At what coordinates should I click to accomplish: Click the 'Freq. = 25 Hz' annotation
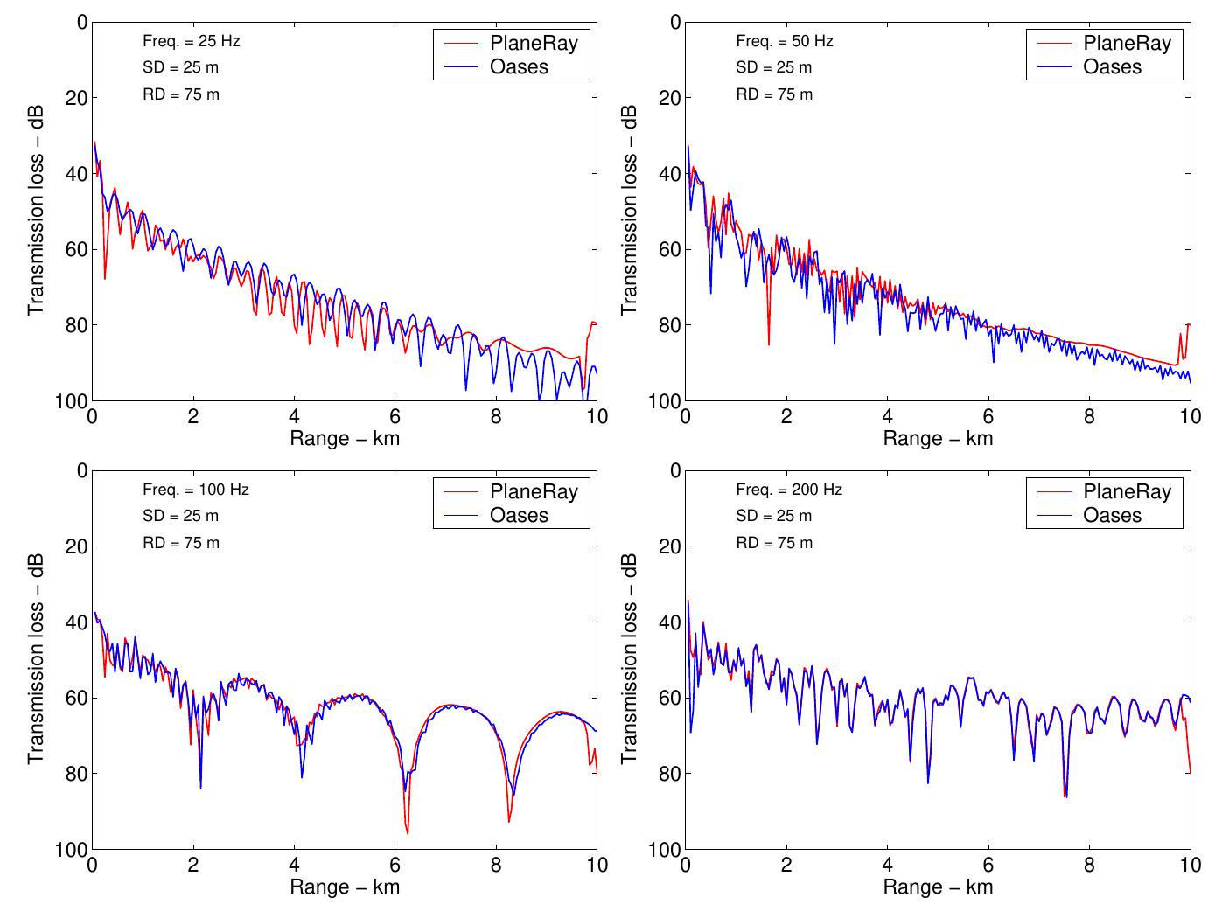pyautogui.click(x=191, y=41)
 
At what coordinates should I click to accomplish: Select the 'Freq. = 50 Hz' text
pyautogui.click(x=785, y=41)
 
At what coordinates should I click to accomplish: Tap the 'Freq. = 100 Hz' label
pyautogui.click(x=195, y=490)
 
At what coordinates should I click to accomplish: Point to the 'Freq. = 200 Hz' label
pyautogui.click(x=789, y=490)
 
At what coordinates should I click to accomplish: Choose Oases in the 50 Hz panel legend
pyautogui.click(x=1112, y=66)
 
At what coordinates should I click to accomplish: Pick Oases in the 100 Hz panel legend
pyautogui.click(x=519, y=515)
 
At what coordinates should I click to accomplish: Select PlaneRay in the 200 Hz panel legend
pyautogui.click(x=1127, y=491)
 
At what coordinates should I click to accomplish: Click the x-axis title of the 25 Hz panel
pyautogui.click(x=345, y=438)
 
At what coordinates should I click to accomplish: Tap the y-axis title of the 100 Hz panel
pyautogui.click(x=36, y=659)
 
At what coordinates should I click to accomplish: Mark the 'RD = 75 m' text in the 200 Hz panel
pyautogui.click(x=774, y=543)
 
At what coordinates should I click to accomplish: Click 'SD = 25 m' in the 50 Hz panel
pyautogui.click(x=773, y=67)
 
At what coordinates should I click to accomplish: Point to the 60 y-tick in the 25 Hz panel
pyautogui.click(x=77, y=249)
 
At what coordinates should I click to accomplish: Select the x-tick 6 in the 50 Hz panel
pyautogui.click(x=988, y=417)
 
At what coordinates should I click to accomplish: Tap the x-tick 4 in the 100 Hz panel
pyautogui.click(x=294, y=866)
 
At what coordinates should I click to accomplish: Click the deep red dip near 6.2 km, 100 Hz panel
pyautogui.click(x=407, y=832)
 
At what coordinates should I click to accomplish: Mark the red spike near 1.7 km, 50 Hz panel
pyautogui.click(x=769, y=344)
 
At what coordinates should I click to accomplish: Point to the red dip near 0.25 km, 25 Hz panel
pyautogui.click(x=105, y=277)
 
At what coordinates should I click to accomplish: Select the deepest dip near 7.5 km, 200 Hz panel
pyautogui.click(x=1065, y=796)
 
